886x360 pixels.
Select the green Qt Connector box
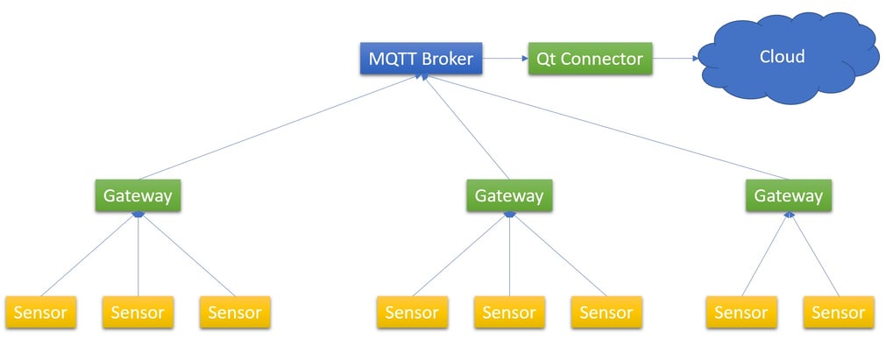pyautogui.click(x=590, y=60)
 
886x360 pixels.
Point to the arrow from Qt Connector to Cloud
pyautogui.click(x=675, y=60)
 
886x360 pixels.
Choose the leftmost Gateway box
pyautogui.click(x=138, y=195)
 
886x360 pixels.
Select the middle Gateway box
pyautogui.click(x=508, y=195)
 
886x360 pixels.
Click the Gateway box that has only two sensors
pyautogui.click(x=789, y=195)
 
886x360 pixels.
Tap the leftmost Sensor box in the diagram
pyautogui.click(x=40, y=313)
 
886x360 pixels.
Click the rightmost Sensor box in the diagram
pyautogui.click(x=838, y=313)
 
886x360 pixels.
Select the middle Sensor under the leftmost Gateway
pyautogui.click(x=138, y=313)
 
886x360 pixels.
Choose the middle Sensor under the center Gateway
pyautogui.click(x=509, y=313)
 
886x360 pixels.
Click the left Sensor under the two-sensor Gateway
pyautogui.click(x=741, y=313)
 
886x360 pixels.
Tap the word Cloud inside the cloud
pyautogui.click(x=782, y=57)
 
